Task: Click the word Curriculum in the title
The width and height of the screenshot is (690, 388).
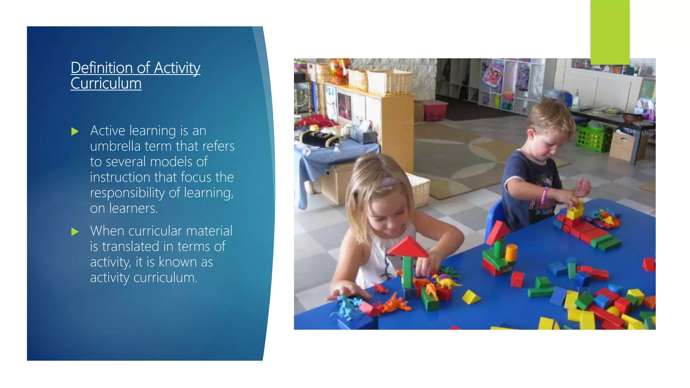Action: [x=106, y=83]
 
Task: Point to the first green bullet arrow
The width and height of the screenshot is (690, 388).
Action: [x=75, y=131]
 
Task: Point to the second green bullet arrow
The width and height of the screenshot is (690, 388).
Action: [x=75, y=232]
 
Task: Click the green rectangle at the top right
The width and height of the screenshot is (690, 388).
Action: [x=610, y=32]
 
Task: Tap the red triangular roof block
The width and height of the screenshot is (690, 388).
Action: [x=408, y=247]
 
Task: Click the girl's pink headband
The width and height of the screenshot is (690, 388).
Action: [x=389, y=182]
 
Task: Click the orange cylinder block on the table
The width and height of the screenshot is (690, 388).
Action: [x=511, y=253]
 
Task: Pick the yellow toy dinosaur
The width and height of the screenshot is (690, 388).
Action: [x=446, y=281]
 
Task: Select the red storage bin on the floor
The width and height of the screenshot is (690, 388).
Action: [x=435, y=110]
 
